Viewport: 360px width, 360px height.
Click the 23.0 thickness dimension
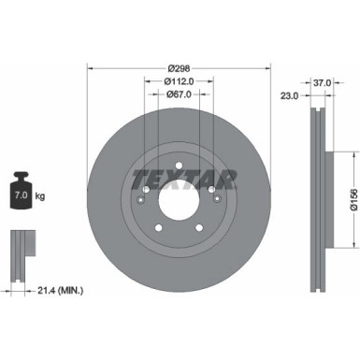(289, 95)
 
